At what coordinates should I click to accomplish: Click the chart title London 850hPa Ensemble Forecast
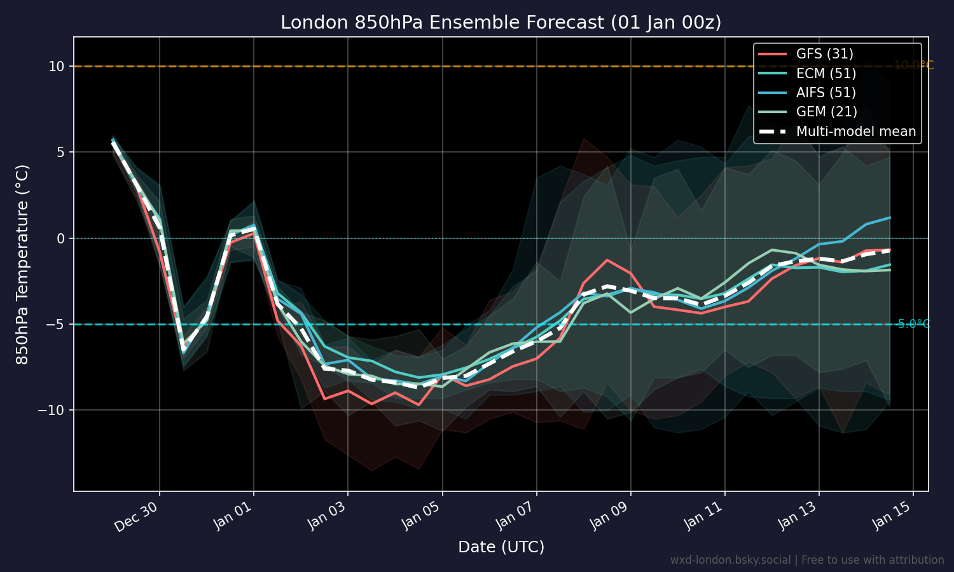[501, 23]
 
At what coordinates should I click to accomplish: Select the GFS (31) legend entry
[825, 54]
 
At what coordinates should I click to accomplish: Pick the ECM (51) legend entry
[826, 74]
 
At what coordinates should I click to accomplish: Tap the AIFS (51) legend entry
[826, 93]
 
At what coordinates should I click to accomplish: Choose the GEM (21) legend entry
[827, 112]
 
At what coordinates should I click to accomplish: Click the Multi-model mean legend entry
[856, 132]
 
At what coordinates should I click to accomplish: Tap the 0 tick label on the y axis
[61, 238]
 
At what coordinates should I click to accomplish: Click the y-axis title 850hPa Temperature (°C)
[22, 264]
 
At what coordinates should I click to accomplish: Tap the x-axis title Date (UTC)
[501, 547]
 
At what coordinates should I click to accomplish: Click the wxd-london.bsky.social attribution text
[806, 560]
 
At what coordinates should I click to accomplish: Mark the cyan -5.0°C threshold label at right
[914, 324]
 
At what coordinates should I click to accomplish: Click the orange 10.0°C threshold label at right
[913, 65]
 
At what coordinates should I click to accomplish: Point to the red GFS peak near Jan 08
[607, 259]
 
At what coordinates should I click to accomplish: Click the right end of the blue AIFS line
[889, 218]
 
